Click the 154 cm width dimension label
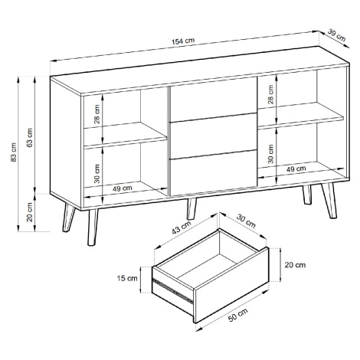click(183, 41)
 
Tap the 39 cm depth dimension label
click(336, 35)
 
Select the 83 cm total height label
click(14, 152)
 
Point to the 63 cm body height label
click(30, 138)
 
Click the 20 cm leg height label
click(30, 212)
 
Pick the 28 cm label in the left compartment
click(97, 114)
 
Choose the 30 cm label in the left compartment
click(97, 173)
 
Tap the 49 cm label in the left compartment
click(123, 188)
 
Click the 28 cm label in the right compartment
click(271, 94)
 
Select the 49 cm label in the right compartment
click(296, 169)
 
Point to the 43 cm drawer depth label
click(182, 227)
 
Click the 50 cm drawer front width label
click(237, 315)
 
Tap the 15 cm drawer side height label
click(127, 278)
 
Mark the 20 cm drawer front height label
click(295, 265)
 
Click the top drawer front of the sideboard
click(213, 99)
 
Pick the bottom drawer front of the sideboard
click(213, 173)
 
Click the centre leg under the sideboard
click(191, 208)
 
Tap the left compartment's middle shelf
click(126, 135)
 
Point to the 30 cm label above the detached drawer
click(246, 221)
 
